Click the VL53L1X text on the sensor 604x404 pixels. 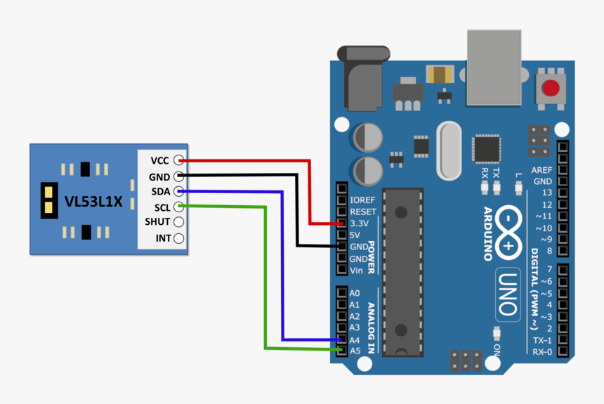coord(93,202)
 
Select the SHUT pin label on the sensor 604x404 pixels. coord(157,222)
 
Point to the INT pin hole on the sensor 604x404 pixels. coord(179,238)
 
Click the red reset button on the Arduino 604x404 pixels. coord(551,89)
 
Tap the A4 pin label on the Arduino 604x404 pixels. coord(355,340)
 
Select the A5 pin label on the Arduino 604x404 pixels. coord(355,351)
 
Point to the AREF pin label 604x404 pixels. coord(541,170)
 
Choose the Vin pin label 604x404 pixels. coord(357,271)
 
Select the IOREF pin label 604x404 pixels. coord(362,200)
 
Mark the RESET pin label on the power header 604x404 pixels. coord(362,211)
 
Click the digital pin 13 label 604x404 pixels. coord(545,193)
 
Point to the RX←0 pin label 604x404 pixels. coord(541,351)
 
